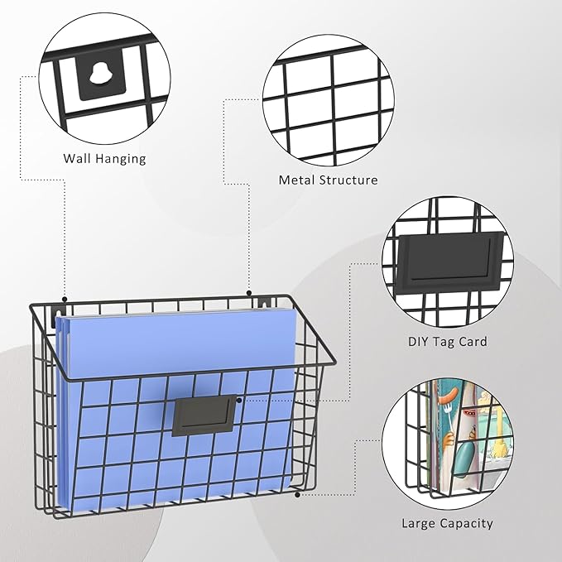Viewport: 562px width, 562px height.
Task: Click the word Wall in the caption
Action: point(77,158)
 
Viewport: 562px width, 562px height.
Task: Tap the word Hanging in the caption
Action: point(121,159)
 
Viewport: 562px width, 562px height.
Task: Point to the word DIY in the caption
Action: point(418,341)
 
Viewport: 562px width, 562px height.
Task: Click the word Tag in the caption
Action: point(443,342)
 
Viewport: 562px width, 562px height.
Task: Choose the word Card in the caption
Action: point(473,341)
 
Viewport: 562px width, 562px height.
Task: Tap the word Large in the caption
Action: point(418,524)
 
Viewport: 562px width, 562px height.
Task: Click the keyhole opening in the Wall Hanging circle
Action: point(99,74)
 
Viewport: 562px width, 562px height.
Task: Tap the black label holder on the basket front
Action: point(204,415)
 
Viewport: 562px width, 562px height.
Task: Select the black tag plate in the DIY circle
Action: point(449,261)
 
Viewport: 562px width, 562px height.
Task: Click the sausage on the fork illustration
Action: point(449,396)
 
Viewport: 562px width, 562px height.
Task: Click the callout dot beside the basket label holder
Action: point(239,399)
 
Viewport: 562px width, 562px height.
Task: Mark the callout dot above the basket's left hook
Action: point(65,299)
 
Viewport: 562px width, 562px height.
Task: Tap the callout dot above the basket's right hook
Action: point(249,293)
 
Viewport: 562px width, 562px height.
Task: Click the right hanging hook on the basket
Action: point(264,303)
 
